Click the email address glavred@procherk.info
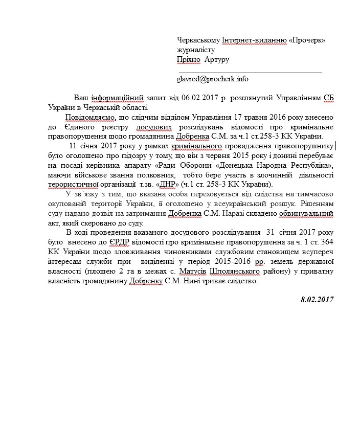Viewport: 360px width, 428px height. pos(212,79)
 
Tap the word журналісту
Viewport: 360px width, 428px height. pos(196,50)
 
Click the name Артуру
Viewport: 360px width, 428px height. pos(217,60)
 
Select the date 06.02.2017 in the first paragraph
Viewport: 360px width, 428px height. pos(187,97)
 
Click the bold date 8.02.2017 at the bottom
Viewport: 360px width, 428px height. pos(317,299)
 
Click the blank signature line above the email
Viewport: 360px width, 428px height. pos(250,72)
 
